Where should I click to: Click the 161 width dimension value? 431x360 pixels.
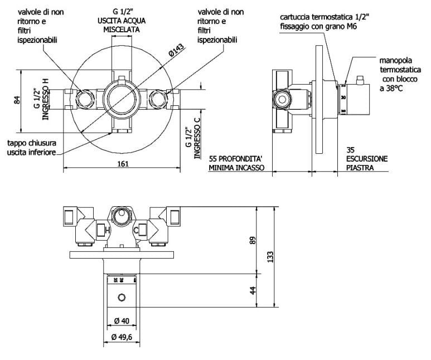(123, 163)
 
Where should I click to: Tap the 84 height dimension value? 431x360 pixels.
(17, 101)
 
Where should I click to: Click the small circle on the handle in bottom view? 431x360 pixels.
(121, 299)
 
